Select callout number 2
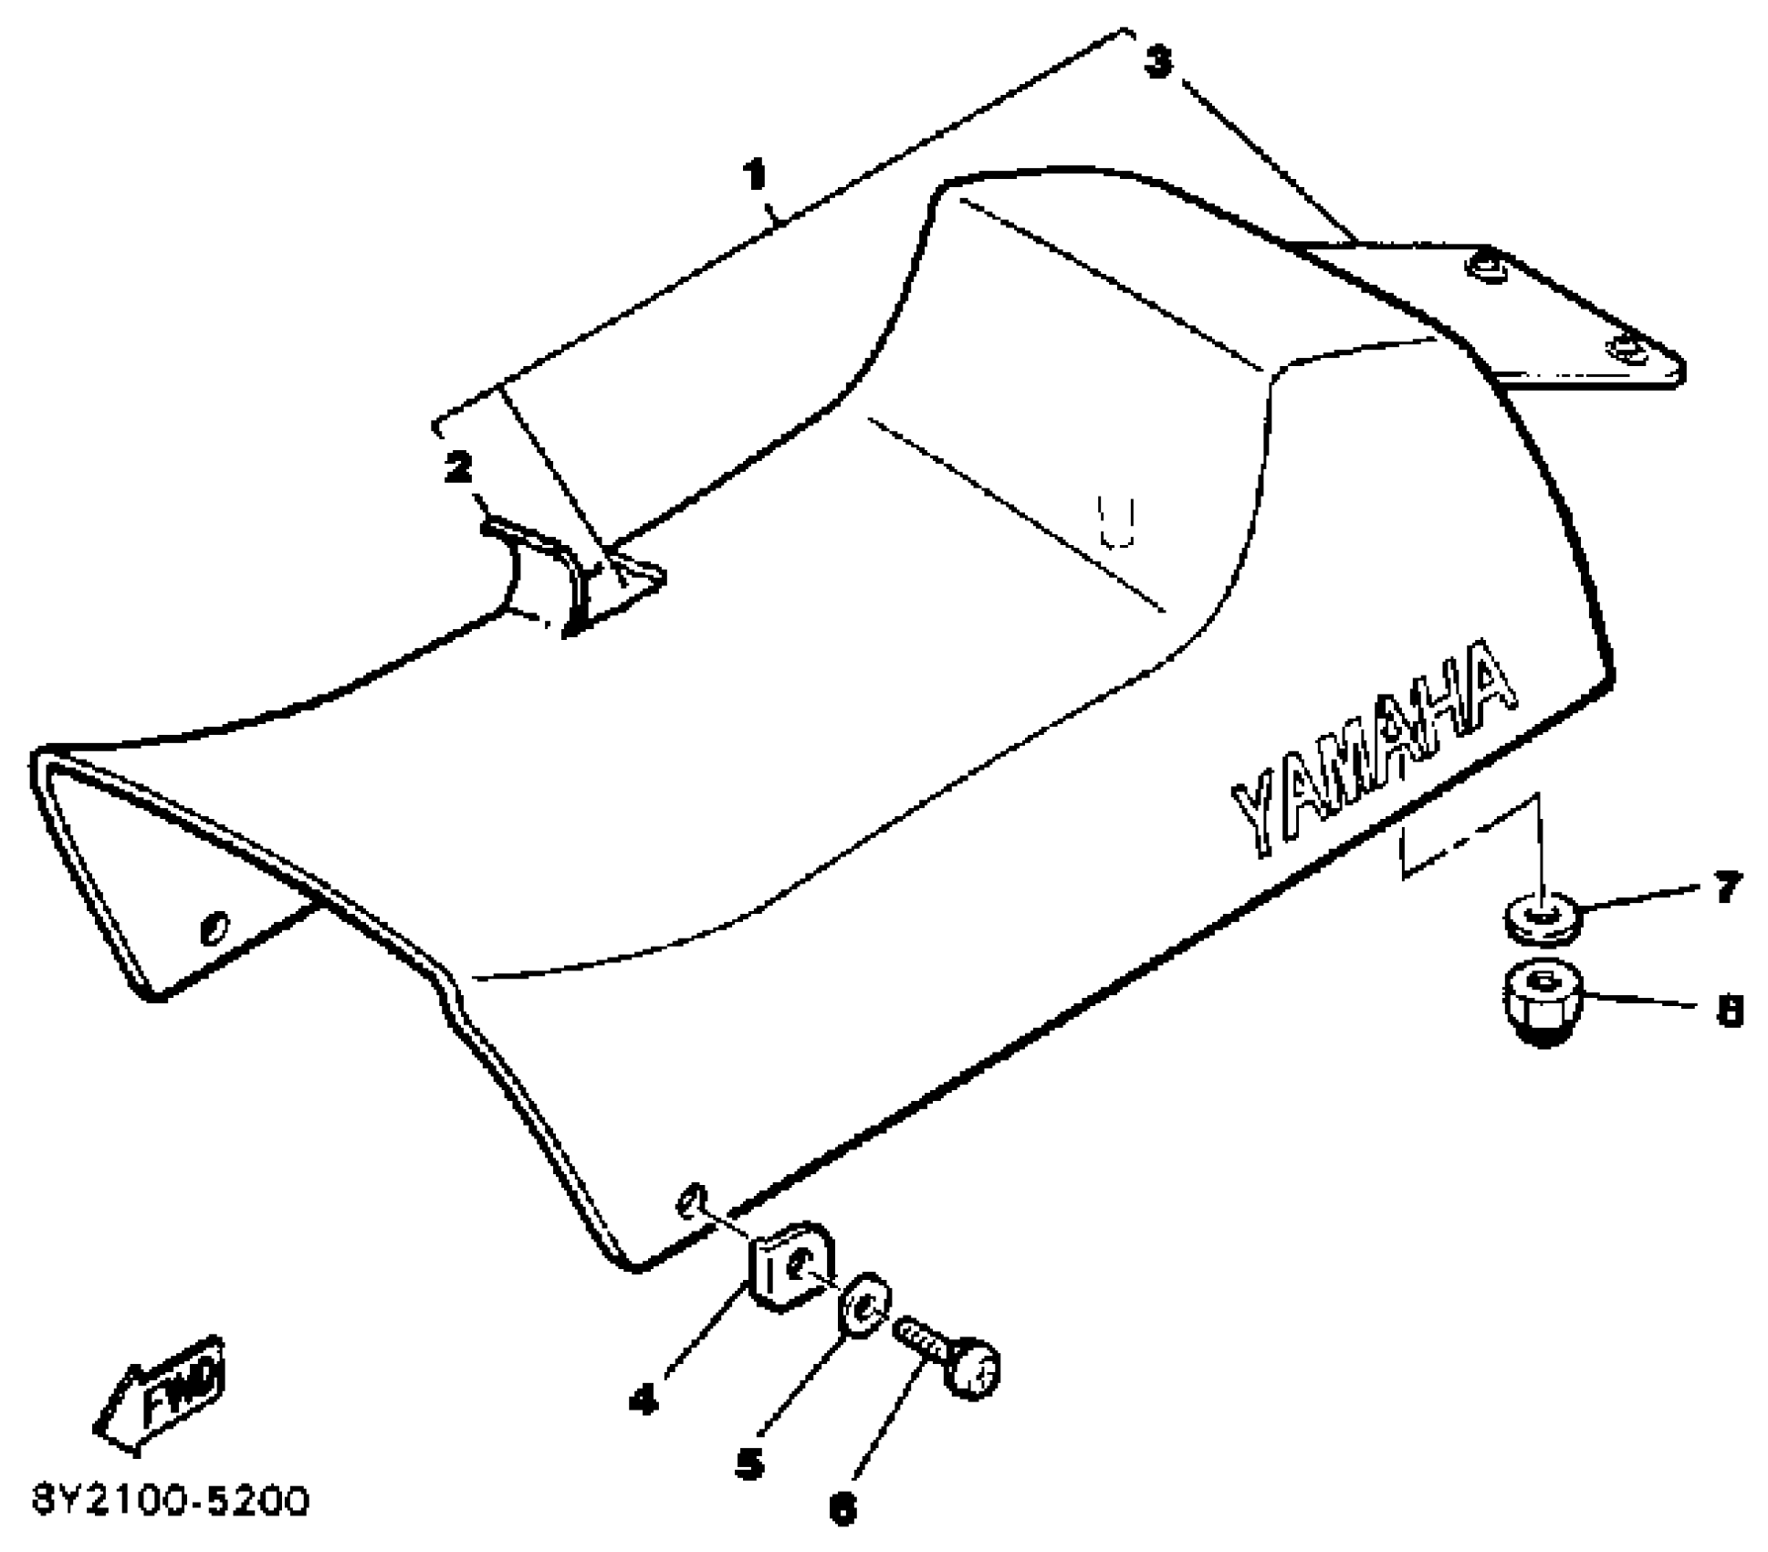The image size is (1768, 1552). (x=458, y=467)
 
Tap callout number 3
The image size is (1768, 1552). (x=1157, y=62)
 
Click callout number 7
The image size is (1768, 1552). (x=1725, y=887)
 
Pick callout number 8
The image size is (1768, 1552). (x=1729, y=1011)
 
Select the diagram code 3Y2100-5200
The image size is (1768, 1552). (x=172, y=1502)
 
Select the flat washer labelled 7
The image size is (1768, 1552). (x=1541, y=916)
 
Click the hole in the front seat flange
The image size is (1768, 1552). (x=215, y=928)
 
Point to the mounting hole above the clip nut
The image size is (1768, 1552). (x=691, y=1199)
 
